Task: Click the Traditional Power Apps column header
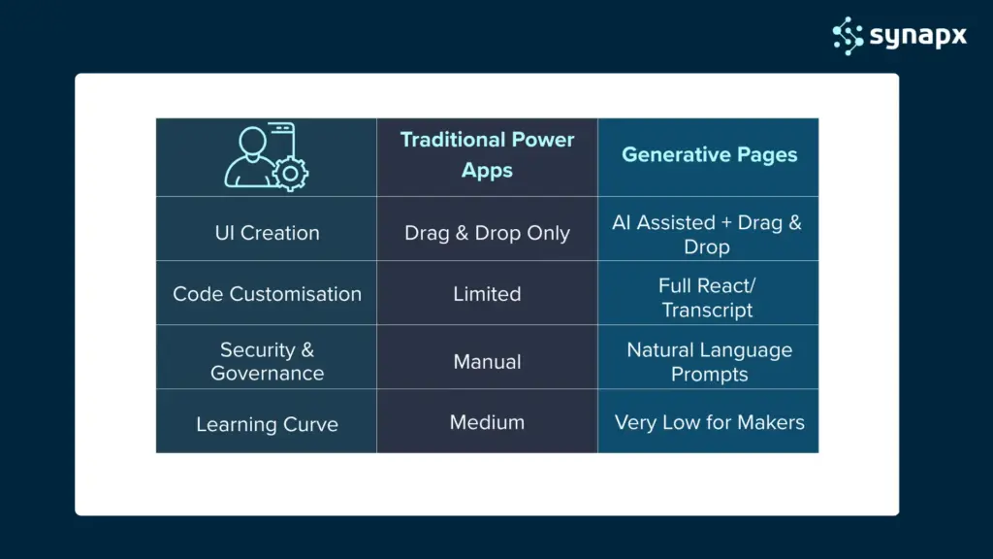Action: pyautogui.click(x=487, y=155)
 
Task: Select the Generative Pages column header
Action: pyautogui.click(x=709, y=155)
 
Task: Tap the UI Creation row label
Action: pyautogui.click(x=267, y=233)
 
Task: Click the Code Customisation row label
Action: pyautogui.click(x=267, y=294)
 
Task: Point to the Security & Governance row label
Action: pyautogui.click(x=267, y=361)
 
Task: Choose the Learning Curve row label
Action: pyautogui.click(x=267, y=424)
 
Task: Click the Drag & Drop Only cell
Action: pyautogui.click(x=487, y=233)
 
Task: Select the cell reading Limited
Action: pyautogui.click(x=487, y=294)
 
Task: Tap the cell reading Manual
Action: pyautogui.click(x=487, y=362)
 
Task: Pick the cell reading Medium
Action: pyautogui.click(x=487, y=422)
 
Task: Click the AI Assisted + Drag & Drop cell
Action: pyautogui.click(x=707, y=235)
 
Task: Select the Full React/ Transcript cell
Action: pyautogui.click(x=708, y=298)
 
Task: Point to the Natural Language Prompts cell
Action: pyautogui.click(x=709, y=362)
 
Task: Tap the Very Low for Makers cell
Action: pyautogui.click(x=709, y=422)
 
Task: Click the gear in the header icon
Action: pyautogui.click(x=289, y=174)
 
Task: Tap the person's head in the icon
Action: pyautogui.click(x=251, y=142)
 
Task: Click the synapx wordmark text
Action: pyautogui.click(x=918, y=36)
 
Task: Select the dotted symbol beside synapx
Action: pyautogui.click(x=848, y=35)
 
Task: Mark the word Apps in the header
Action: pyautogui.click(x=487, y=171)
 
